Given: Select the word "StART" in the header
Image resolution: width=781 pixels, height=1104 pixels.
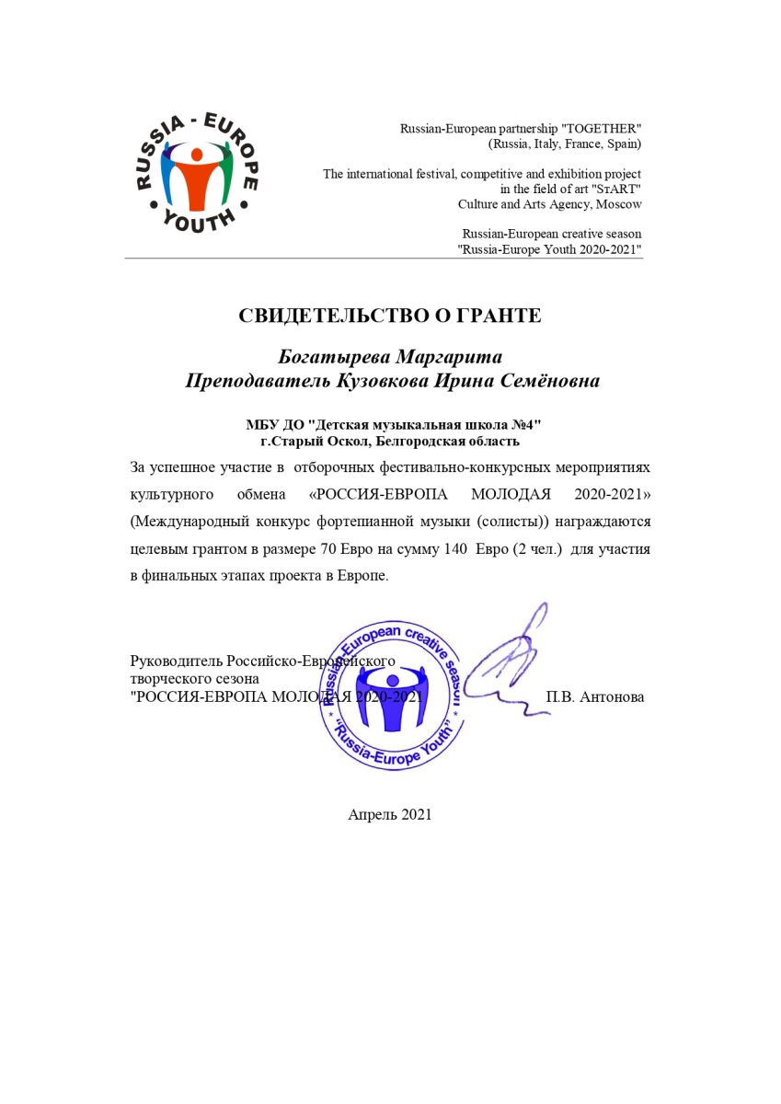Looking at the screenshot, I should [615, 189].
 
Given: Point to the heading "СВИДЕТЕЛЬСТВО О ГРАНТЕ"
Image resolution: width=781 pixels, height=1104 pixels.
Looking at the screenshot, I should [390, 316].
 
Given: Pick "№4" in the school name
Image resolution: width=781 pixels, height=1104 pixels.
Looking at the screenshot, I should [522, 424].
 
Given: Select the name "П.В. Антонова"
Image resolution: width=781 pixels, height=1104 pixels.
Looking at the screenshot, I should [595, 696].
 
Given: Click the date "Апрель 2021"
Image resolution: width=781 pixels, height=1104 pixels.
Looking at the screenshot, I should [390, 814].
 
